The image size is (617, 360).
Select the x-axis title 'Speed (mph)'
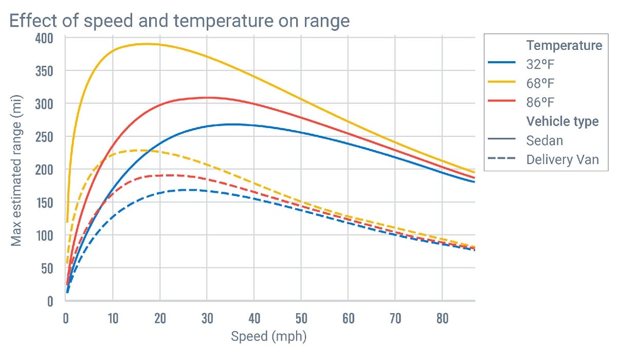pos(268,337)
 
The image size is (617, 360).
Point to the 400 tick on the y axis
pos(44,38)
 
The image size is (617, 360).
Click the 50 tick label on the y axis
pos(47,268)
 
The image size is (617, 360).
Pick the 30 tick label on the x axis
pos(207,319)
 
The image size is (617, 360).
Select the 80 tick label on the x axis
pos(442,319)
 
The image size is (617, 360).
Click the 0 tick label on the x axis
pos(66,319)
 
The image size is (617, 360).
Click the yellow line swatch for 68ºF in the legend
pos(501,82)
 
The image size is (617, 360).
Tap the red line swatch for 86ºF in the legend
pos(501,101)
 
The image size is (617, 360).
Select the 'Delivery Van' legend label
pos(562,159)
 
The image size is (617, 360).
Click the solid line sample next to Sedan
pos(501,140)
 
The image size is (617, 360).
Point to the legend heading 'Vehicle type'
pos(562,121)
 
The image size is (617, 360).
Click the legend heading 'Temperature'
pos(564,45)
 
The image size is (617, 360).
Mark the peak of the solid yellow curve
pos(147,44)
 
